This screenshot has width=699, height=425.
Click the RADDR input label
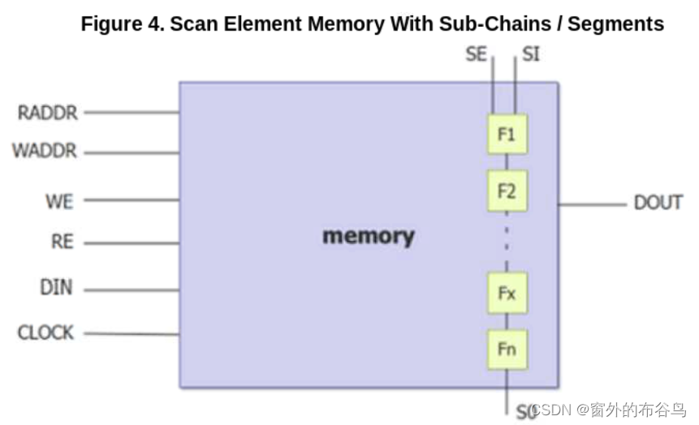(48, 113)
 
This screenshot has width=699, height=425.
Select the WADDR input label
(45, 152)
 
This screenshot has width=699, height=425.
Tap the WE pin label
(58, 200)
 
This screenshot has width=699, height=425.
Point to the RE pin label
(62, 243)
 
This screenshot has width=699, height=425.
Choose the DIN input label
(56, 288)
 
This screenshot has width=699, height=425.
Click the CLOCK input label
(45, 333)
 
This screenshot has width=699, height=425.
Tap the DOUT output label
(658, 203)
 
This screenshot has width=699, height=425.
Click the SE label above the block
(477, 54)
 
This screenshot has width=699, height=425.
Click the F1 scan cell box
(507, 135)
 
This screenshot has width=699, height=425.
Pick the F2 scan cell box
(507, 191)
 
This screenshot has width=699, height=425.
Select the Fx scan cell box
(507, 293)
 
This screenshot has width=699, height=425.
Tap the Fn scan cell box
(507, 350)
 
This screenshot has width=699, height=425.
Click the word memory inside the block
(368, 236)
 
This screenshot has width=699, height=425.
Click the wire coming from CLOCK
(130, 333)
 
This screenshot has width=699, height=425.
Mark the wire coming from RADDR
(130, 113)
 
